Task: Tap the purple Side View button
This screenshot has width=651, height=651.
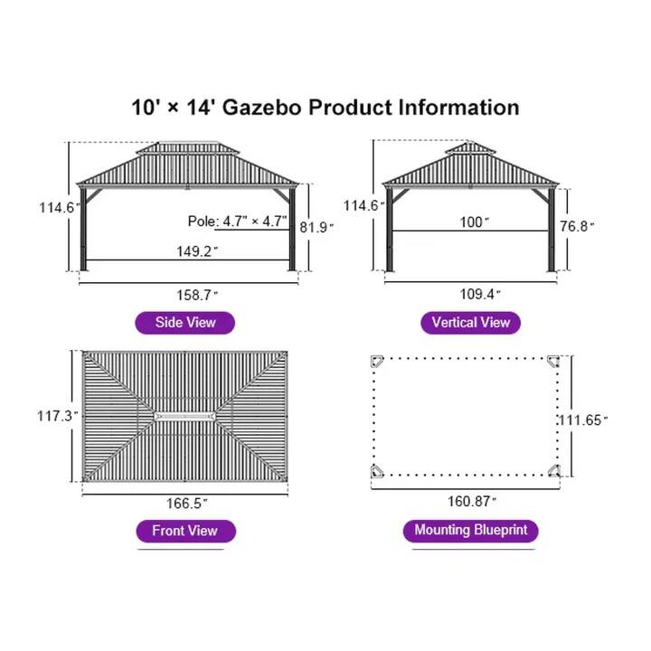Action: [x=185, y=323]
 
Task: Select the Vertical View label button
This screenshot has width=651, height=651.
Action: [x=470, y=323]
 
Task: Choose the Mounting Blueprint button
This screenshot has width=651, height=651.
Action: [x=470, y=531]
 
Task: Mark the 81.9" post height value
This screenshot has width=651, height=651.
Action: [x=318, y=227]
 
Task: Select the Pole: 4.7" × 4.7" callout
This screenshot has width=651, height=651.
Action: [x=237, y=221]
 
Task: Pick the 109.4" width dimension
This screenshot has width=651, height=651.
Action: [x=478, y=294]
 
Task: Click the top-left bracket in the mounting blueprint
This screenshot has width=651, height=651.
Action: [x=378, y=363]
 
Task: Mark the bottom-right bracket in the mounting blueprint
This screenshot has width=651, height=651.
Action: [x=553, y=469]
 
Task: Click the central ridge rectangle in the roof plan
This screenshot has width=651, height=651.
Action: [x=185, y=416]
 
